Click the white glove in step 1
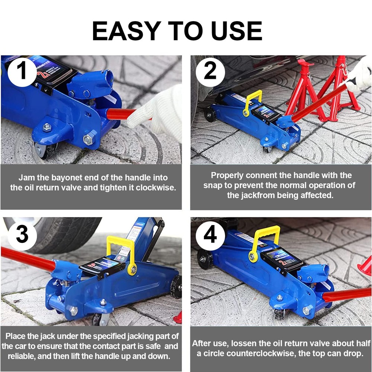[160, 112]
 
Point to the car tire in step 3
[63, 231]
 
